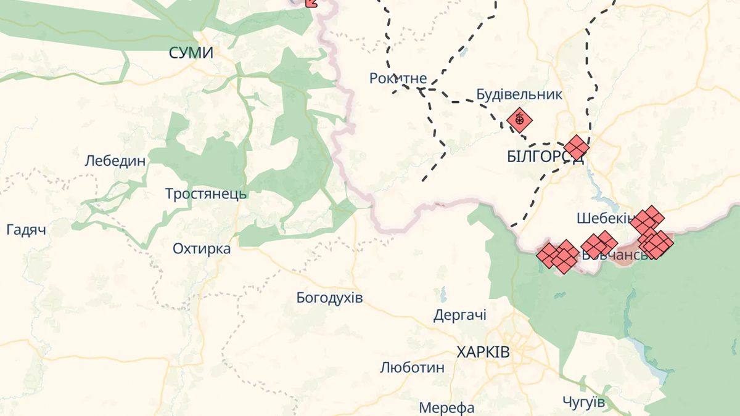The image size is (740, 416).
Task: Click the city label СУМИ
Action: point(191,54)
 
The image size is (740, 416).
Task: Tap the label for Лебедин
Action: point(115,161)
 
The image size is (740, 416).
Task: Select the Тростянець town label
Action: point(206,194)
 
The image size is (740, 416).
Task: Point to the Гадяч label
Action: point(27,230)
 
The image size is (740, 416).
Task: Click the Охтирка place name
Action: point(202,249)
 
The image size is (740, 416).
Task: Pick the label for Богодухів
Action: point(329,298)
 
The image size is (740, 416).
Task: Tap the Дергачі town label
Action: point(460,316)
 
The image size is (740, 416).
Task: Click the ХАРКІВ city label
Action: point(483,353)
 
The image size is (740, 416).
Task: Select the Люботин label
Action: point(412,368)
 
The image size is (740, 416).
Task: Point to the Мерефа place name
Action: point(446,407)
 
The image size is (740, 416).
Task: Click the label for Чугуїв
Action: point(583,402)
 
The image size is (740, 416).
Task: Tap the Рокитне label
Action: point(398,78)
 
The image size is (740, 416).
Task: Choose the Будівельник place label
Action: point(519,94)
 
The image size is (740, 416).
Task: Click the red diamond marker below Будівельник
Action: point(519,120)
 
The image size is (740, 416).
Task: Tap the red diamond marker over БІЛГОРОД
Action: point(577,148)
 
